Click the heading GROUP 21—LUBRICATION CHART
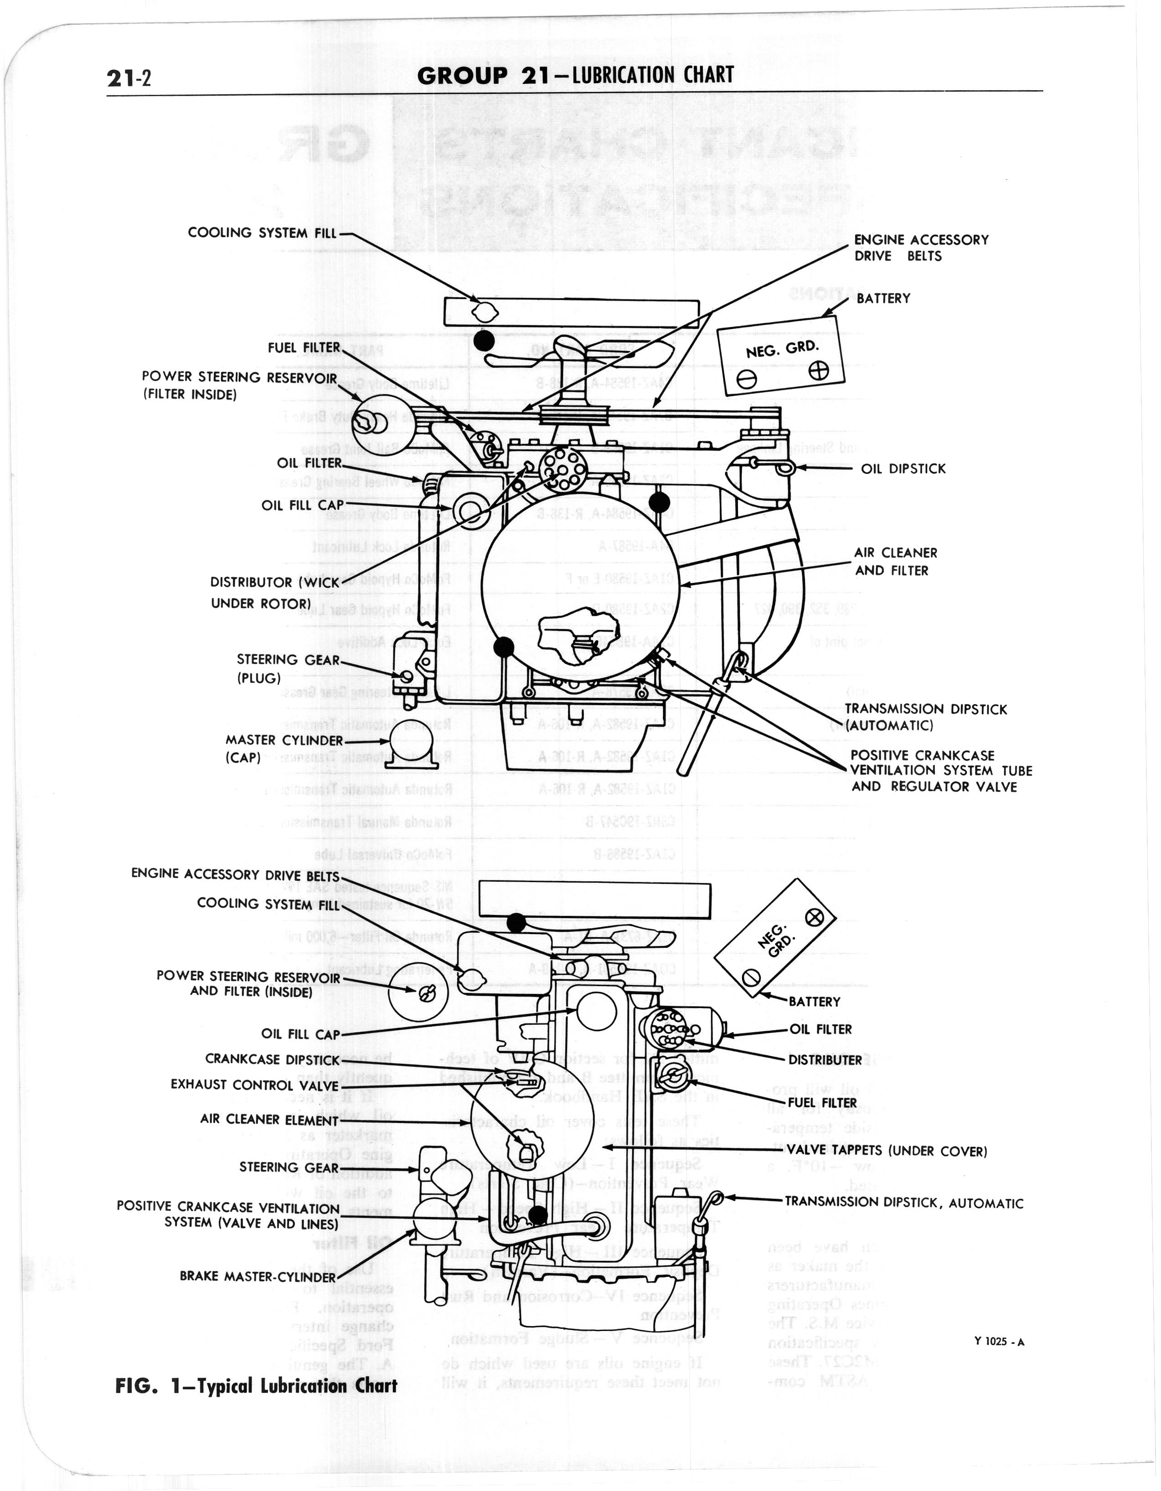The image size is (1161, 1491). pyautogui.click(x=575, y=75)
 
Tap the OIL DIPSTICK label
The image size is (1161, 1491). pyautogui.click(x=903, y=469)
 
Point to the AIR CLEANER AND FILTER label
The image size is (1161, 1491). pyautogui.click(x=895, y=561)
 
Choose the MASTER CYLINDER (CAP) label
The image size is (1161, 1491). pyautogui.click(x=284, y=749)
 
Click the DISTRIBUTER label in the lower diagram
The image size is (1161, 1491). pyautogui.click(x=825, y=1060)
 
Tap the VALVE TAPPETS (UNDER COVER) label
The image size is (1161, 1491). pyautogui.click(x=887, y=1151)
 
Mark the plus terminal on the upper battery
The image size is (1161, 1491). pyautogui.click(x=818, y=371)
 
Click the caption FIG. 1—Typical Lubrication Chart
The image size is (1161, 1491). pyautogui.click(x=256, y=1385)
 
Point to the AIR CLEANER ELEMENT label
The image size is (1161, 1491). pyautogui.click(x=269, y=1120)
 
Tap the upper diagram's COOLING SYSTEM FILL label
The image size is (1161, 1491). pyautogui.click(x=262, y=233)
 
